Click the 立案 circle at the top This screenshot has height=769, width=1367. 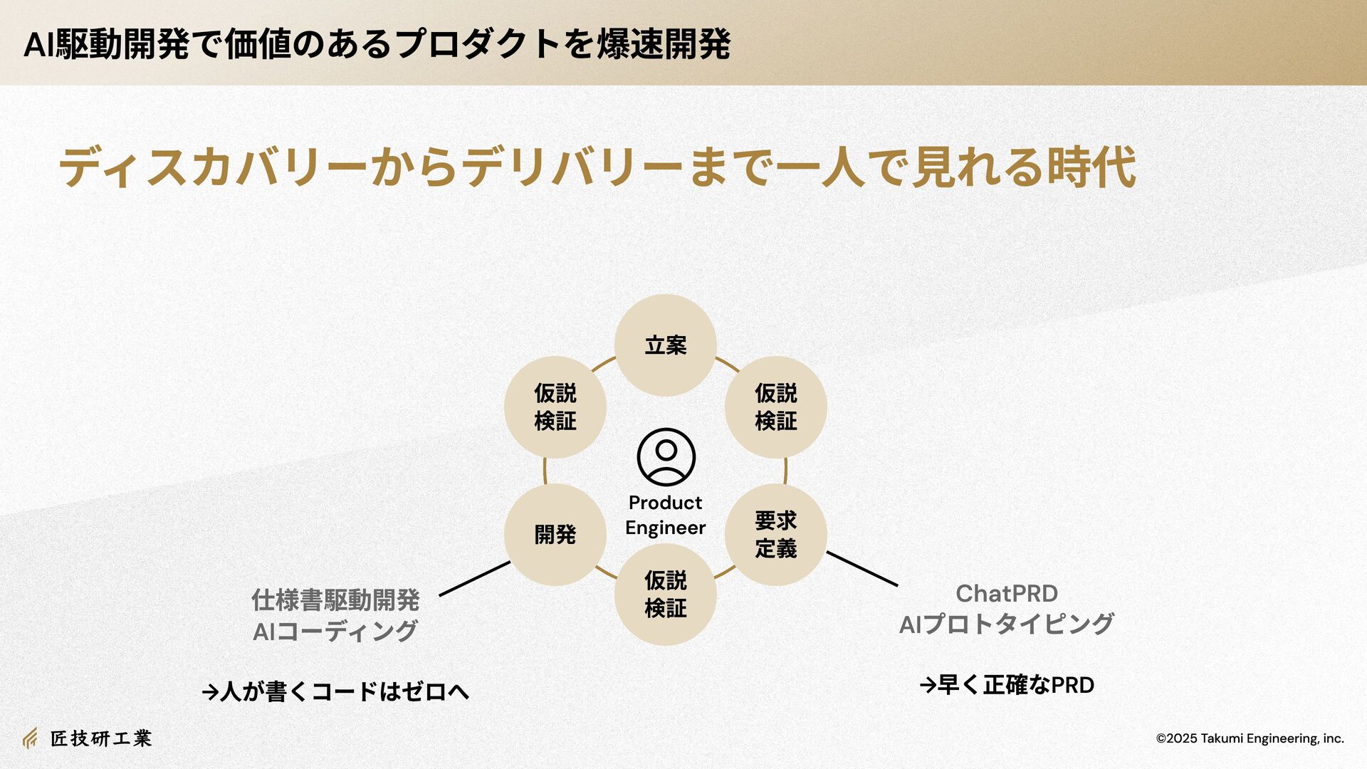(x=665, y=345)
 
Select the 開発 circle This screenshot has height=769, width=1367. (x=555, y=535)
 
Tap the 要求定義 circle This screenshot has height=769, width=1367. (x=775, y=535)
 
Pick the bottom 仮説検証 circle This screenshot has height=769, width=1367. (x=665, y=595)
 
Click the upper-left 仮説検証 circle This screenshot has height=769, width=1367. (x=555, y=407)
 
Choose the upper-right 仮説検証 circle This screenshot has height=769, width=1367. (x=775, y=407)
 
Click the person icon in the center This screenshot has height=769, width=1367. (x=666, y=457)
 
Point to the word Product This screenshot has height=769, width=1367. (x=665, y=503)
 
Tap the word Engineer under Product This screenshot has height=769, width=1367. (x=665, y=528)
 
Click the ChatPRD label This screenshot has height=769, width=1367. (x=1006, y=593)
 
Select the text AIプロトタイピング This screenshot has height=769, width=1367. (x=1006, y=624)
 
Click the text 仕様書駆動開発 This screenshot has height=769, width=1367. (x=335, y=600)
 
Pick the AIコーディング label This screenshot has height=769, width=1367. (x=335, y=632)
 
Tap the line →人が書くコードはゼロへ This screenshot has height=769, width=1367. (x=335, y=691)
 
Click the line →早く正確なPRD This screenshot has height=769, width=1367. (x=1006, y=685)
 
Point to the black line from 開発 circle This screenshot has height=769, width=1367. (x=474, y=578)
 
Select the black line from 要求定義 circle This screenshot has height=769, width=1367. (x=862, y=569)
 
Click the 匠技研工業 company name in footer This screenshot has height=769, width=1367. (x=100, y=738)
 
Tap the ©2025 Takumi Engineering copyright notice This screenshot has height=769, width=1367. (x=1250, y=738)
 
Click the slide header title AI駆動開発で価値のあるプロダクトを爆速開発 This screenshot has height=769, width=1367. (x=377, y=44)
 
